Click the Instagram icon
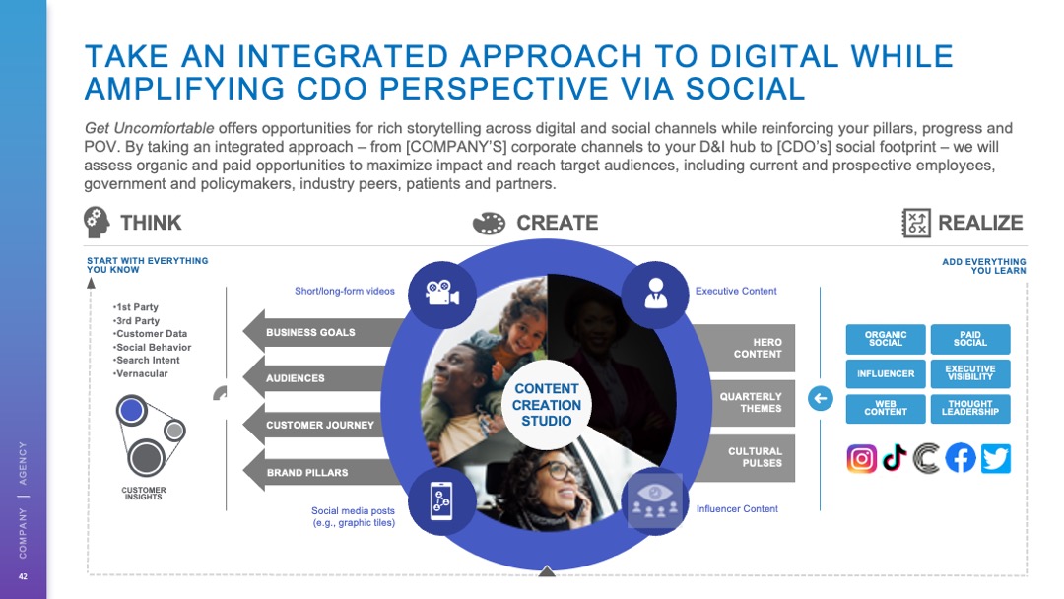point(861,458)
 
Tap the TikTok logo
point(895,458)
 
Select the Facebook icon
point(961,458)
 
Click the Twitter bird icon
point(995,458)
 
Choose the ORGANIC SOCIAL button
point(886,339)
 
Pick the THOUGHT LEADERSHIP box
point(969,409)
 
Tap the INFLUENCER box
point(886,373)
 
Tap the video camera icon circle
point(442,294)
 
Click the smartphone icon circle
point(441,501)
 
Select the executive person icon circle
point(655,294)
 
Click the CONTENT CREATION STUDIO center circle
point(546,405)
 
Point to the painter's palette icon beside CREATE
point(490,224)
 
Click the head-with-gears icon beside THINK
point(97,223)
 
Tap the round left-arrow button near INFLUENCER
point(821,398)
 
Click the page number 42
point(23,576)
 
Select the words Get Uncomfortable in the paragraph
point(150,128)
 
